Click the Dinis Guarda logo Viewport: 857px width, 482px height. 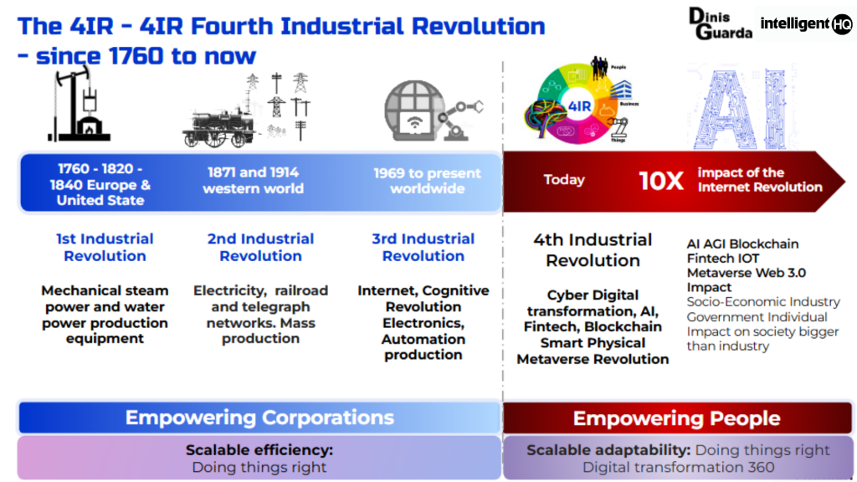tap(720, 23)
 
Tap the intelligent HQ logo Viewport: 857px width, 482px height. tap(806, 23)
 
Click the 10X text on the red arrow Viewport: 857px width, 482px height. tap(661, 181)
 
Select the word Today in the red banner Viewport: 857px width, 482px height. tap(564, 180)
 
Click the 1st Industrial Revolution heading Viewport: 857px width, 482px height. tap(105, 248)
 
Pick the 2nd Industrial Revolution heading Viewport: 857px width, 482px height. tap(260, 248)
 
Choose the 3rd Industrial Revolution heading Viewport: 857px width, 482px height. tap(423, 248)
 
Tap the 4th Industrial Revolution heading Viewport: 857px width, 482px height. tap(593, 250)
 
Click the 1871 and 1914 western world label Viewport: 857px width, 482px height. tap(253, 180)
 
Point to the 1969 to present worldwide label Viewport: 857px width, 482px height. tap(427, 181)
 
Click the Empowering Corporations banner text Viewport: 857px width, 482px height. tap(259, 418)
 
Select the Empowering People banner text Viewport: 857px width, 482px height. tap(676, 418)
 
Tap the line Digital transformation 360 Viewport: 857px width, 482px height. tap(678, 467)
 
